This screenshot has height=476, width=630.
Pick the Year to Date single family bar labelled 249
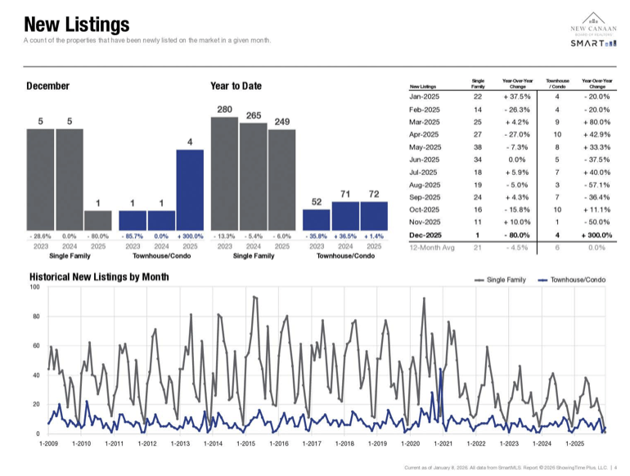click(281, 180)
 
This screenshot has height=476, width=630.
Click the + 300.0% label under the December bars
click(190, 236)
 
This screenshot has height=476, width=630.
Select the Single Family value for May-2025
click(478, 146)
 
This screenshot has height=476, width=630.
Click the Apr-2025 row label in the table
click(425, 134)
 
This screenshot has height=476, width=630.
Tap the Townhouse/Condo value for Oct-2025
click(556, 209)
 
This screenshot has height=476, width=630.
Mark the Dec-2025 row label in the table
click(425, 235)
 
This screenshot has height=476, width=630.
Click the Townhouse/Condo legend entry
click(572, 280)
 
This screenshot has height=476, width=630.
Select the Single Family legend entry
click(500, 280)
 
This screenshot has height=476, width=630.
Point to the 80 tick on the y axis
click(35, 317)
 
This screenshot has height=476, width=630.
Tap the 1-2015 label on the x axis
click(246, 443)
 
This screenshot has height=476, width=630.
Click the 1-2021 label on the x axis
click(443, 443)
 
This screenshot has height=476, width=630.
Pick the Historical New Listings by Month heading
click(99, 277)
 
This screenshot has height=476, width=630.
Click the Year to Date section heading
click(236, 86)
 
